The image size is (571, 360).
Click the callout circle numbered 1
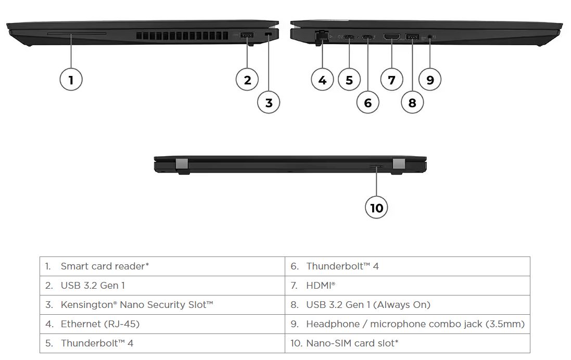[71, 80]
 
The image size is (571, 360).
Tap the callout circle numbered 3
[269, 102]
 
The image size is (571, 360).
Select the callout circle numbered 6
[367, 102]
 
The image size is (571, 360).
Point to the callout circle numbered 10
[376, 208]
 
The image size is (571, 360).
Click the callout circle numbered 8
[412, 102]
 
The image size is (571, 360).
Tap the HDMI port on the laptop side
[391, 36]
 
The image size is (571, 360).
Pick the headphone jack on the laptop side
[430, 37]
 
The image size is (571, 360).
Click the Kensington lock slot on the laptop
[269, 34]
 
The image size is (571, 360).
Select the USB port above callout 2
[247, 35]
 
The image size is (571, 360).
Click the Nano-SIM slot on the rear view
[376, 166]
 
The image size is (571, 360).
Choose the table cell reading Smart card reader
[104, 266]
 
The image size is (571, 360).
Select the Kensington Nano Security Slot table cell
[136, 305]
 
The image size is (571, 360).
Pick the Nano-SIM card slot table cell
[352, 343]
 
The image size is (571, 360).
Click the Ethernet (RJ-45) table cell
[100, 324]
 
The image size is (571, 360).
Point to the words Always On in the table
[403, 305]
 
